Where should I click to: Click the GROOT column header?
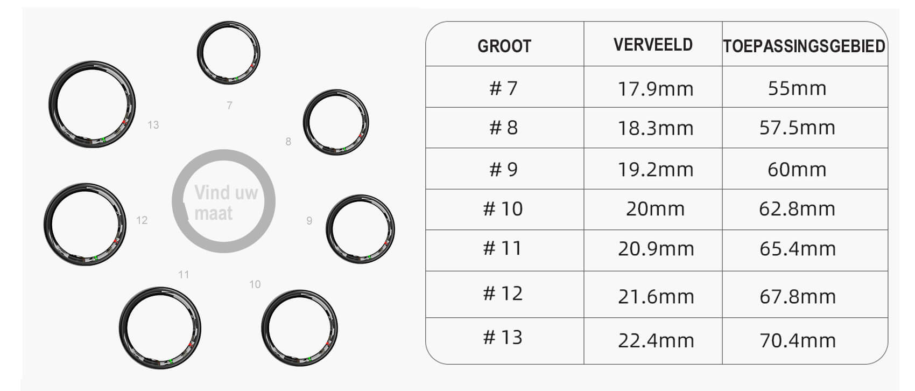tap(504, 46)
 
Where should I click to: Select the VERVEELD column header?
tap(653, 45)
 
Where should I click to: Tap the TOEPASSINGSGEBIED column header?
tap(804, 46)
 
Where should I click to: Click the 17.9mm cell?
tap(655, 89)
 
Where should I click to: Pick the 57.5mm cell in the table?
tap(797, 128)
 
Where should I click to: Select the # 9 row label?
tap(504, 169)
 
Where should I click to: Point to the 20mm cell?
tap(655, 209)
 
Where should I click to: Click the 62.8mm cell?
tap(797, 209)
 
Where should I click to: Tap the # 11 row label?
tap(502, 248)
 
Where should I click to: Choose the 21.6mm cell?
tap(656, 297)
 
